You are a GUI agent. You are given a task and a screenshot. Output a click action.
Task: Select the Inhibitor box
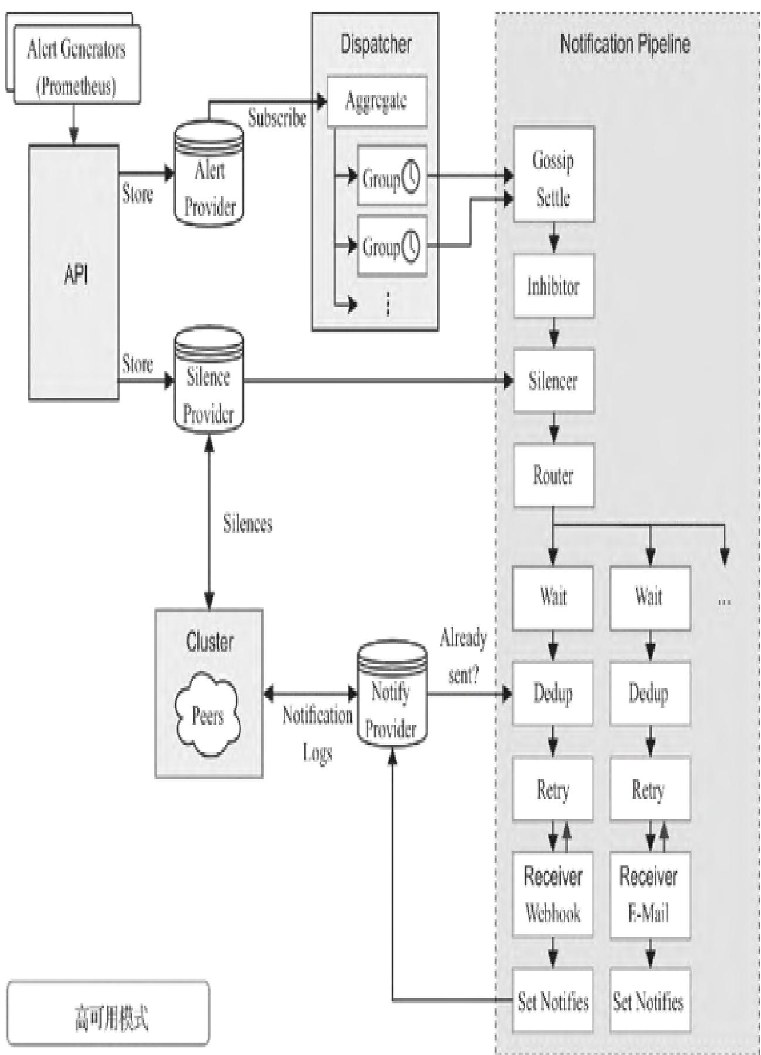(x=553, y=286)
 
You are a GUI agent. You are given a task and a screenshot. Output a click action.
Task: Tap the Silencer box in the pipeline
(x=553, y=380)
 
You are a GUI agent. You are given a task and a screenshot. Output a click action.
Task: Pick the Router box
(x=553, y=475)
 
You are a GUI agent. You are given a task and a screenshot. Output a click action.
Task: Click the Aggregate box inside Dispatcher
(x=376, y=101)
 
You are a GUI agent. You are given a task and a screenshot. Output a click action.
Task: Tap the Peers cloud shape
(x=208, y=715)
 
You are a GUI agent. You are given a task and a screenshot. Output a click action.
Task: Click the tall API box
(x=75, y=274)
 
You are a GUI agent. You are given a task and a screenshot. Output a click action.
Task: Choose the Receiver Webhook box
(x=553, y=894)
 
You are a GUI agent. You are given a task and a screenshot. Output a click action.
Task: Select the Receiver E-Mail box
(x=650, y=894)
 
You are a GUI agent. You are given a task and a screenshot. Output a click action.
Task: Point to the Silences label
(x=248, y=524)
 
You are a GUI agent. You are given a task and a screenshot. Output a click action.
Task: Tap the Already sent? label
(x=464, y=656)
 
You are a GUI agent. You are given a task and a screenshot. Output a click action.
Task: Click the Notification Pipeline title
(x=624, y=45)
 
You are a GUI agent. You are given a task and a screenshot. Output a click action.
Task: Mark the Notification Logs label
(x=317, y=733)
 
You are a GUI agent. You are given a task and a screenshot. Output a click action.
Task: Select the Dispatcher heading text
(x=376, y=45)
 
